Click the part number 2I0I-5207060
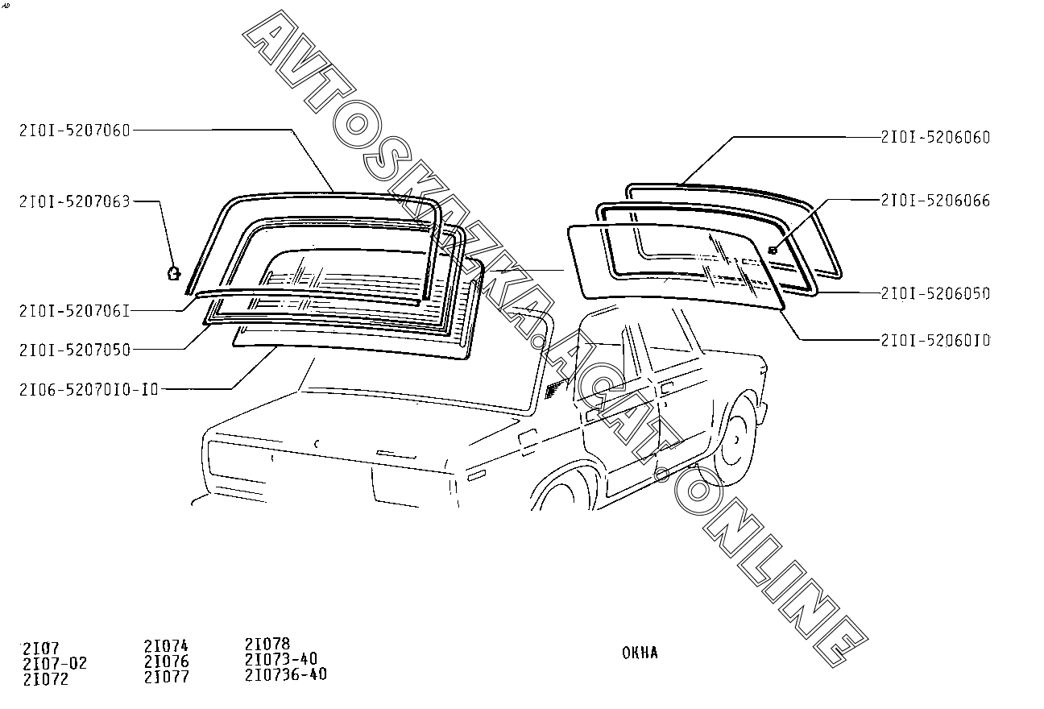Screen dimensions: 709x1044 click(74, 131)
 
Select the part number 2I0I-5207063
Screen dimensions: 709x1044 click(74, 201)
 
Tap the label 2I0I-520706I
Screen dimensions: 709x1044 click(74, 309)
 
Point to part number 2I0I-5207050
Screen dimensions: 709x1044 click(74, 350)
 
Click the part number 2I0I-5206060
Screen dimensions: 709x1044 click(935, 138)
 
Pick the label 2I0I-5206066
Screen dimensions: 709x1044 click(935, 201)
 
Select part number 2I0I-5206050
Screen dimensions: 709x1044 click(935, 293)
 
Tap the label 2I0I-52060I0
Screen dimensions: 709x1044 click(935, 341)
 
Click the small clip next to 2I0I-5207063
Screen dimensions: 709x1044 click(173, 272)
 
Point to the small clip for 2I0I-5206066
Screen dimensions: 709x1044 click(773, 250)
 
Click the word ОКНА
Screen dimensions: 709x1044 click(640, 653)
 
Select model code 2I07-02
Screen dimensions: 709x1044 click(55, 664)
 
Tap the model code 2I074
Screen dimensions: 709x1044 click(166, 646)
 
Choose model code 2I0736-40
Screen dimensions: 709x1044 click(286, 674)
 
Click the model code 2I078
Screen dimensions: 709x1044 click(267, 645)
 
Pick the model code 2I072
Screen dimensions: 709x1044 click(46, 679)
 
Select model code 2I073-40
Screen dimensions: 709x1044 click(280, 659)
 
